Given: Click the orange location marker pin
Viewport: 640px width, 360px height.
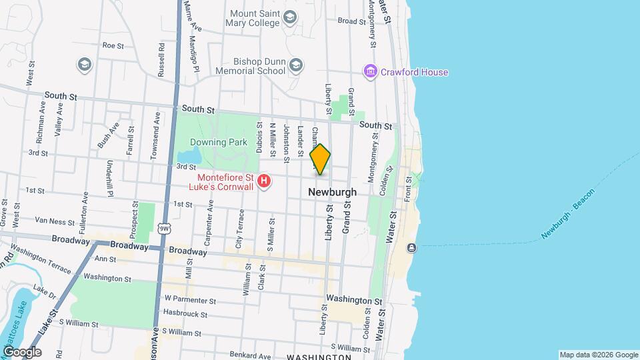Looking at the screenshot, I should pyautogui.click(x=321, y=159).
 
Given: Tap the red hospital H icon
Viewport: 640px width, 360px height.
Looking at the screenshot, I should pyautogui.click(x=265, y=181).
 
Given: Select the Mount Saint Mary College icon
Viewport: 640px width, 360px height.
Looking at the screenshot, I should pyautogui.click(x=290, y=17).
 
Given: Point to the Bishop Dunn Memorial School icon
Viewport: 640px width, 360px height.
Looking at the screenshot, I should pyautogui.click(x=296, y=65).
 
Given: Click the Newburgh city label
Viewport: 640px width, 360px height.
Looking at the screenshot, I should pyautogui.click(x=332, y=192).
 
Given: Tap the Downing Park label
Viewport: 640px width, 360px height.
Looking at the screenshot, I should pyautogui.click(x=218, y=142).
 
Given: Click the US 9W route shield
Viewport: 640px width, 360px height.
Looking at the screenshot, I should pyautogui.click(x=164, y=229).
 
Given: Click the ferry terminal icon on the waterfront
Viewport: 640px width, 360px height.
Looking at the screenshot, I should pyautogui.click(x=411, y=248).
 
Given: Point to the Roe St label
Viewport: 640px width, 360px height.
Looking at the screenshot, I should pyautogui.click(x=113, y=46).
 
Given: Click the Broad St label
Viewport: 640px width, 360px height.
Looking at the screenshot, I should pyautogui.click(x=352, y=21).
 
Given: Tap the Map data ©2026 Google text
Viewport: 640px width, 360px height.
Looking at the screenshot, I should pyautogui.click(x=598, y=355).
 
